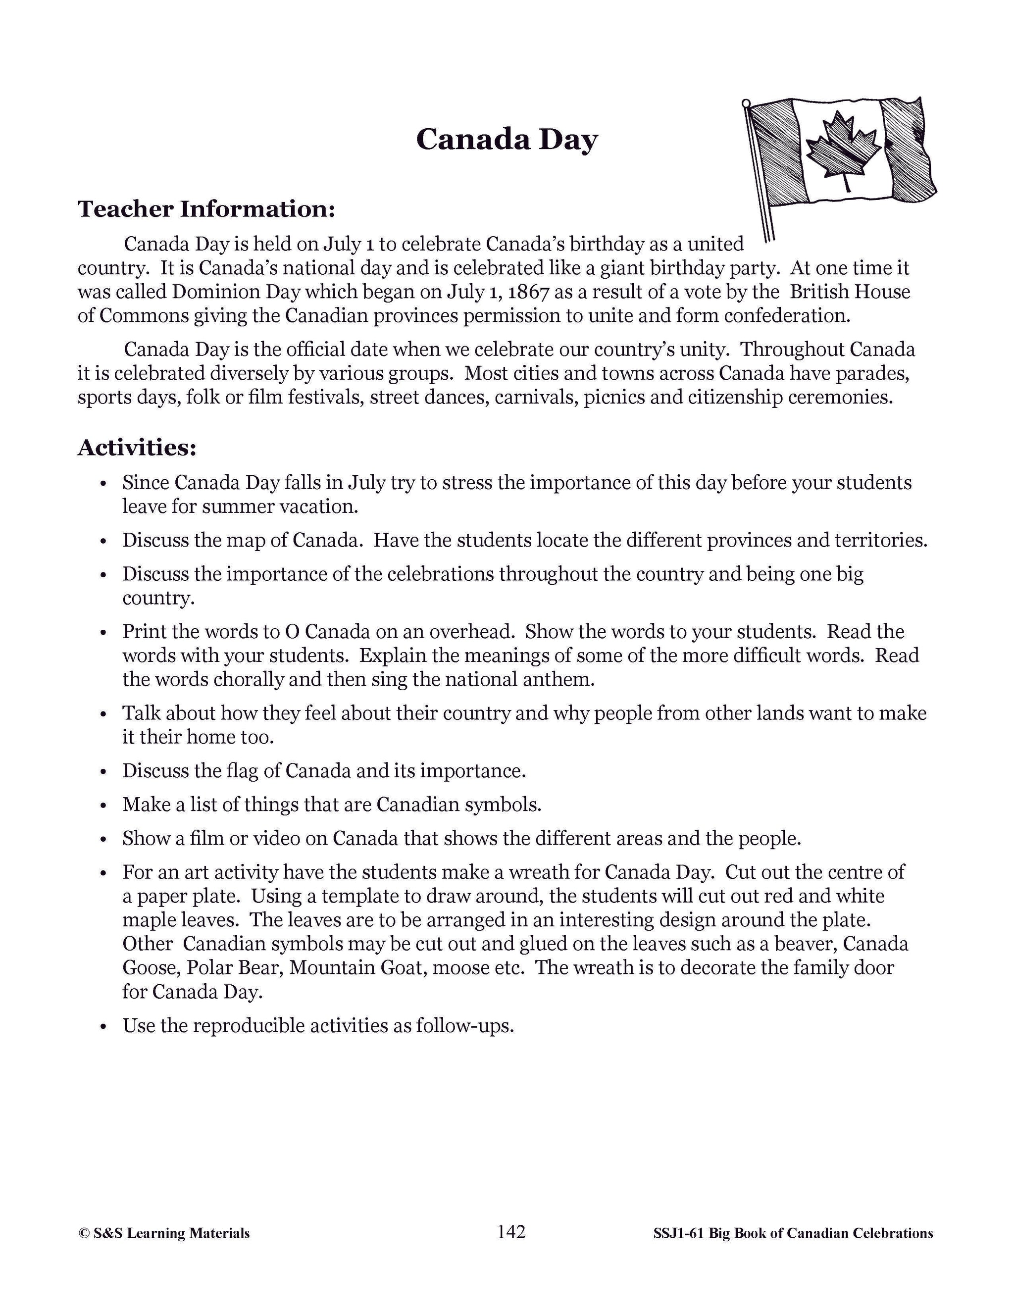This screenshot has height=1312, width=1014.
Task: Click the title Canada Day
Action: [507, 140]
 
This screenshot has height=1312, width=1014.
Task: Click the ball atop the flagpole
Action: [746, 103]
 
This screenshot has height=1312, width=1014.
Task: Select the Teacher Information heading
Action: [206, 209]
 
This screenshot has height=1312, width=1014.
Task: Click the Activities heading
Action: [137, 448]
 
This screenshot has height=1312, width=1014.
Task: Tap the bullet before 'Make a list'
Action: [103, 806]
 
